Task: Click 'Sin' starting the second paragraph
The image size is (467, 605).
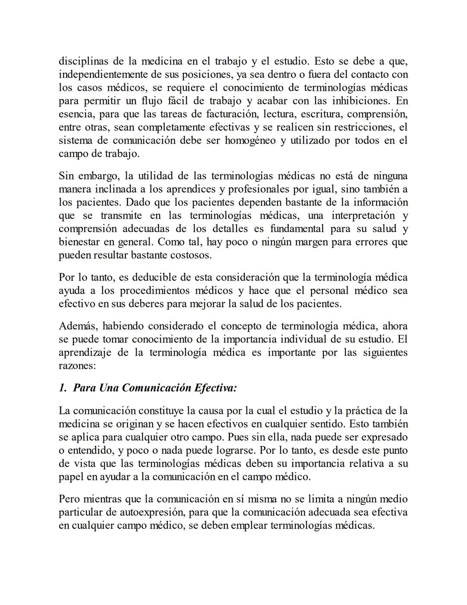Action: [66, 176]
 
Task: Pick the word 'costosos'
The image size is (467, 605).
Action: [192, 255]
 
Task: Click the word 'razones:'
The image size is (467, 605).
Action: [77, 366]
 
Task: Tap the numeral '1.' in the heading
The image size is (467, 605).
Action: [63, 388]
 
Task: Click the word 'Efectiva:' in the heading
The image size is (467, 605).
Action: [215, 388]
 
